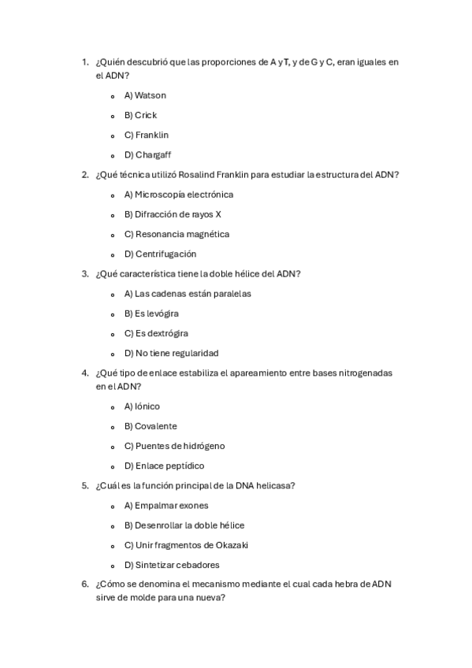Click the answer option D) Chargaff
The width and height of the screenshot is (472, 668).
[x=147, y=155]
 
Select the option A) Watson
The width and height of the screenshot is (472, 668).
[x=145, y=95]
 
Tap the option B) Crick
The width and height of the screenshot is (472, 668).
[x=140, y=115]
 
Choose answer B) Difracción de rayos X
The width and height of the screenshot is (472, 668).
[x=173, y=214]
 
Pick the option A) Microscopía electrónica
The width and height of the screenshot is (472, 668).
[x=178, y=195]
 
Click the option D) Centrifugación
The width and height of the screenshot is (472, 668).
[x=160, y=254]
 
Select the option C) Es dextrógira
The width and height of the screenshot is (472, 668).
[x=156, y=333]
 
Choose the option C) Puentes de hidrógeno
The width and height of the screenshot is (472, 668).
[x=174, y=446]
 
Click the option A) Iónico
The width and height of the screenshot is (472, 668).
[x=142, y=406]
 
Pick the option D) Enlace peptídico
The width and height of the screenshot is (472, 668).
[x=164, y=466]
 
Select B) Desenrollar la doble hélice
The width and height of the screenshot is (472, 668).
[x=184, y=525]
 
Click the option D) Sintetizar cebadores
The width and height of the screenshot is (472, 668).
[x=172, y=565]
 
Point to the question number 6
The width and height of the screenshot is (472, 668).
[x=84, y=584]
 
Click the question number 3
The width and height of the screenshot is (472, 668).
[x=84, y=274]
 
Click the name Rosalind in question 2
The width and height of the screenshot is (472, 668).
[x=201, y=175]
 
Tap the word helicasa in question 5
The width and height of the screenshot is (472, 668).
[x=277, y=486]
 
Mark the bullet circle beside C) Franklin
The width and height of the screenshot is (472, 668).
[x=113, y=135]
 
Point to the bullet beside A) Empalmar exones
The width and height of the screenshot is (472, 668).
[x=113, y=506]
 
